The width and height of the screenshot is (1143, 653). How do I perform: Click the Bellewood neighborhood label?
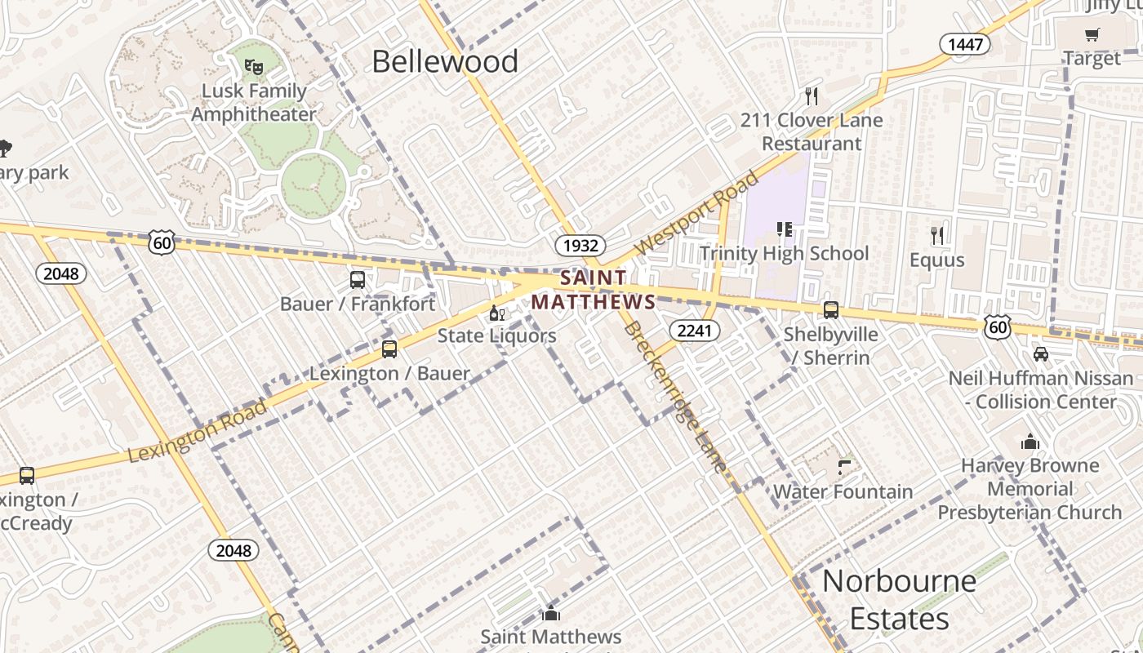click(445, 62)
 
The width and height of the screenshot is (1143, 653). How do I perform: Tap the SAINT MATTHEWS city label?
click(594, 290)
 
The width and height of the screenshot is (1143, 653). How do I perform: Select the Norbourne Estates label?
click(899, 600)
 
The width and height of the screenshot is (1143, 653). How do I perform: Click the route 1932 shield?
click(580, 245)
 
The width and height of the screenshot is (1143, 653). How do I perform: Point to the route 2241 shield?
click(694, 330)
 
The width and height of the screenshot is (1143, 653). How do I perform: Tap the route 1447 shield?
click(964, 44)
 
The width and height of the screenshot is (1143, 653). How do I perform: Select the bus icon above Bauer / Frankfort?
click(358, 280)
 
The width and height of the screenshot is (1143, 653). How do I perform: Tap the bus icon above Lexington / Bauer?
click(389, 349)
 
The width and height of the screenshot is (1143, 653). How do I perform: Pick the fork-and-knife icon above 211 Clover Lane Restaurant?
click(812, 96)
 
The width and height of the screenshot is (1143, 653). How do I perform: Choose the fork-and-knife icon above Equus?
click(937, 236)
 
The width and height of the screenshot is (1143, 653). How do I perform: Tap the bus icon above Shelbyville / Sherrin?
click(831, 310)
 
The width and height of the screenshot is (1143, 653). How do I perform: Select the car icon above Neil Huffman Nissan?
click(1041, 354)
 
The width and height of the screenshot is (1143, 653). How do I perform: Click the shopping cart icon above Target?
click(1092, 34)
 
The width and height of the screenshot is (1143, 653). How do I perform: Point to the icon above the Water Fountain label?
click(844, 468)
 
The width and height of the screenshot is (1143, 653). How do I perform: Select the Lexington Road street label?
click(198, 430)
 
